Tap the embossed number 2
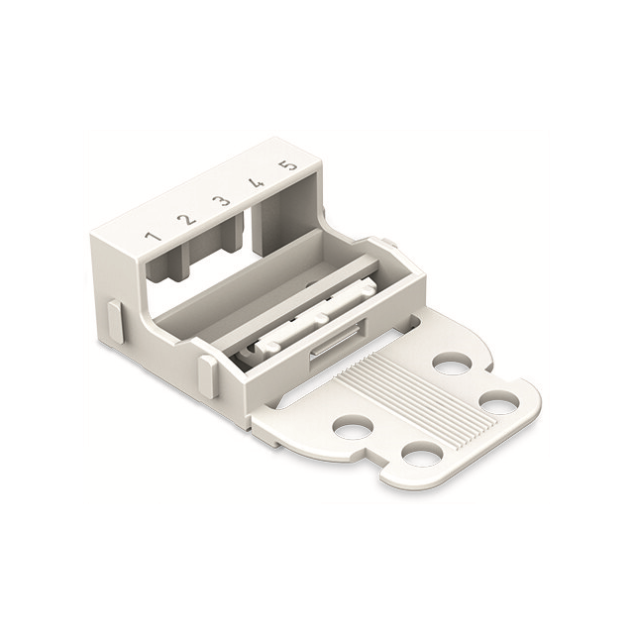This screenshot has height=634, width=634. (x=185, y=219)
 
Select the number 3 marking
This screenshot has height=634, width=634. (x=222, y=201)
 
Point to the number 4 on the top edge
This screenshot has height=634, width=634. (x=256, y=183)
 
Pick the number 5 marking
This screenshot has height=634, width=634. (x=288, y=164)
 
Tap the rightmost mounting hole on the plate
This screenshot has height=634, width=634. (x=498, y=403)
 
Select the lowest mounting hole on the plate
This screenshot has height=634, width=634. (x=422, y=454)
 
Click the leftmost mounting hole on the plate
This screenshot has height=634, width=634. (x=353, y=427)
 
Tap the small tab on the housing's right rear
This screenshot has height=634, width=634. (x=388, y=242)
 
